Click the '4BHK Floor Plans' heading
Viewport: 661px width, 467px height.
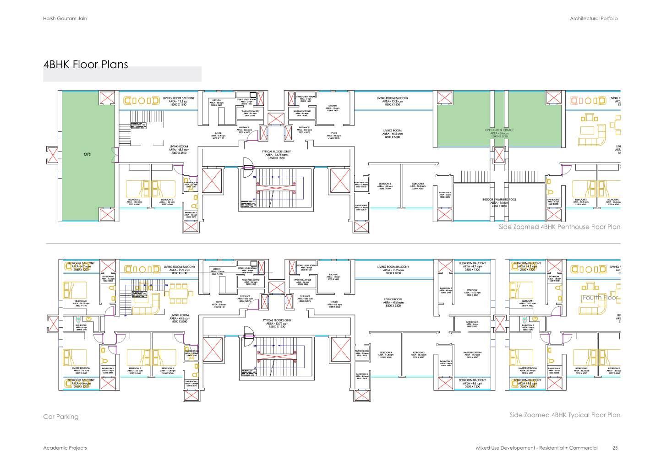[x=86, y=65]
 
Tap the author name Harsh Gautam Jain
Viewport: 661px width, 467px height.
[x=65, y=18]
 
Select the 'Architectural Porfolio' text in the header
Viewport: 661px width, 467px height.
[x=594, y=18]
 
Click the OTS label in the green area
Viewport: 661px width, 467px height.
[x=87, y=154]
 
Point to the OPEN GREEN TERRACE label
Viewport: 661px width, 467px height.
[x=499, y=130]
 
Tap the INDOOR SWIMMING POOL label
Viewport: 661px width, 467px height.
[x=499, y=200]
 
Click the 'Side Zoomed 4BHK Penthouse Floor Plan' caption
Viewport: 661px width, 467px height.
[x=559, y=227]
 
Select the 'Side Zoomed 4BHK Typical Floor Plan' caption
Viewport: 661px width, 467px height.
[x=565, y=415]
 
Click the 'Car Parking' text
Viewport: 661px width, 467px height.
[x=61, y=417]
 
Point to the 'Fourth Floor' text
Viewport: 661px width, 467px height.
[x=600, y=298]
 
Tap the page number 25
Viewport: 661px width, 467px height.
[x=615, y=448]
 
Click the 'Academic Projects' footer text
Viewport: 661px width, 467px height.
[x=65, y=448]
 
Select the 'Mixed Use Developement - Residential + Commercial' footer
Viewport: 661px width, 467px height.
[x=537, y=448]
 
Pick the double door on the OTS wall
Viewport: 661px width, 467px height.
[x=115, y=154]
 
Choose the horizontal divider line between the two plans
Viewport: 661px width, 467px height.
[x=333, y=243]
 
